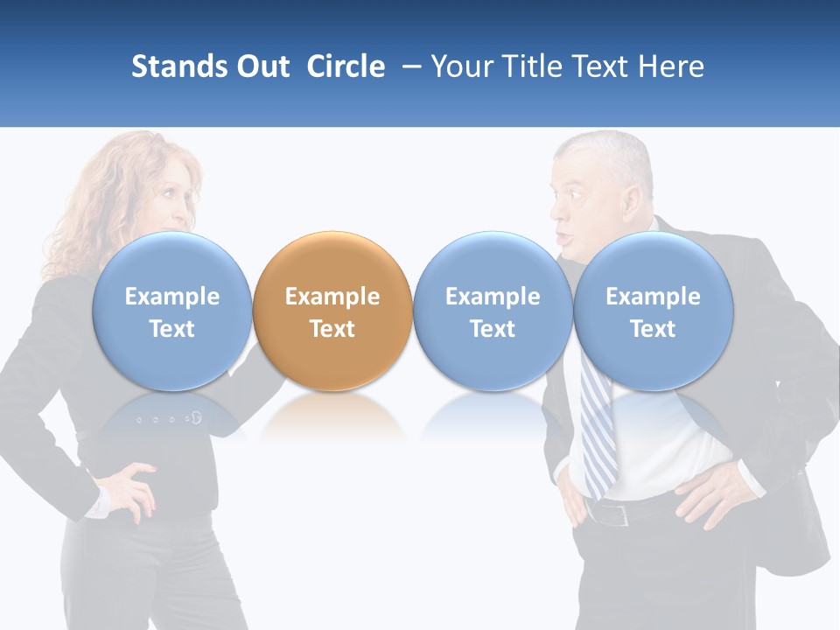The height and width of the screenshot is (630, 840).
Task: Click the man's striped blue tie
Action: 597,429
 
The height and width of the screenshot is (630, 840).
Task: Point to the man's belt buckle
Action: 620,514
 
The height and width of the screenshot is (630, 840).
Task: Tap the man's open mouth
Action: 565,238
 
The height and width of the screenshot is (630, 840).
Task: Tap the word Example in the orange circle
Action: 332,297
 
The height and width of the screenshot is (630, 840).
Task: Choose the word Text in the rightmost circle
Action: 653,329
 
